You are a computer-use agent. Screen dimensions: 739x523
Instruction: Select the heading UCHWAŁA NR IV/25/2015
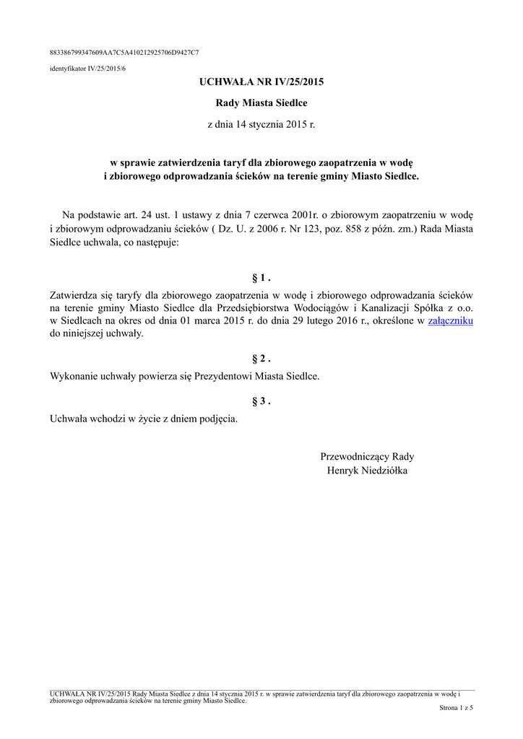point(261,82)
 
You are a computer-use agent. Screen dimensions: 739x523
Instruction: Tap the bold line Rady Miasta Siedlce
point(261,103)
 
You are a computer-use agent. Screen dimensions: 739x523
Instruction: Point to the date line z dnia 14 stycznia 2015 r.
point(261,125)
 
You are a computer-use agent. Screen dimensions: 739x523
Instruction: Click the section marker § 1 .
point(261,278)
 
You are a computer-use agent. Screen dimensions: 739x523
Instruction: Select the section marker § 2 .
point(261,359)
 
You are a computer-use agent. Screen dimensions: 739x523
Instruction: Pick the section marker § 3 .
point(261,401)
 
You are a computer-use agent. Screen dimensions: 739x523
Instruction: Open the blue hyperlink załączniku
point(450,320)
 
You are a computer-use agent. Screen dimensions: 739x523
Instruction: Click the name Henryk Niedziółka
point(367,471)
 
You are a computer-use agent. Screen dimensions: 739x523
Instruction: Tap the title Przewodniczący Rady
point(367,456)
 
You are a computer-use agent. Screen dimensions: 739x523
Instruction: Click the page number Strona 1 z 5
point(456,708)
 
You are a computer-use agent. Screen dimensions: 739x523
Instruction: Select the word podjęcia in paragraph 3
point(218,419)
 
